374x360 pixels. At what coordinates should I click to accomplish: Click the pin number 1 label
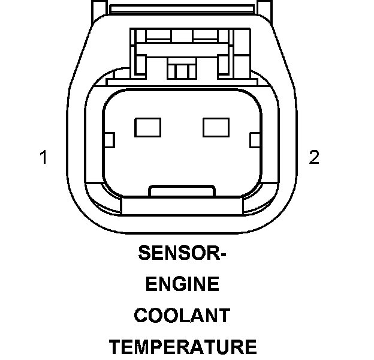pyautogui.click(x=43, y=158)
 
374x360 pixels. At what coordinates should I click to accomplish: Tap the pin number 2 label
pyautogui.click(x=314, y=158)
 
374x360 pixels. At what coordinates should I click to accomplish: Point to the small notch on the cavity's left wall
pyautogui.click(x=109, y=141)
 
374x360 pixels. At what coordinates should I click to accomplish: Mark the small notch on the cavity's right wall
pyautogui.click(x=254, y=141)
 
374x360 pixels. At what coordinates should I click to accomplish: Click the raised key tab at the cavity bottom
pyautogui.click(x=181, y=191)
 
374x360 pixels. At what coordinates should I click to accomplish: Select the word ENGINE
pyautogui.click(x=182, y=285)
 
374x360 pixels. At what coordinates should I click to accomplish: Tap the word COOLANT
pyautogui.click(x=182, y=316)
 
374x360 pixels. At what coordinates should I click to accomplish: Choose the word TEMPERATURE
pyautogui.click(x=182, y=347)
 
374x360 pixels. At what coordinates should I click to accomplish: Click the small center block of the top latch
pyautogui.click(x=178, y=70)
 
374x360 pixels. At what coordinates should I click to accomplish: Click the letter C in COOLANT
pyautogui.click(x=141, y=316)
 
